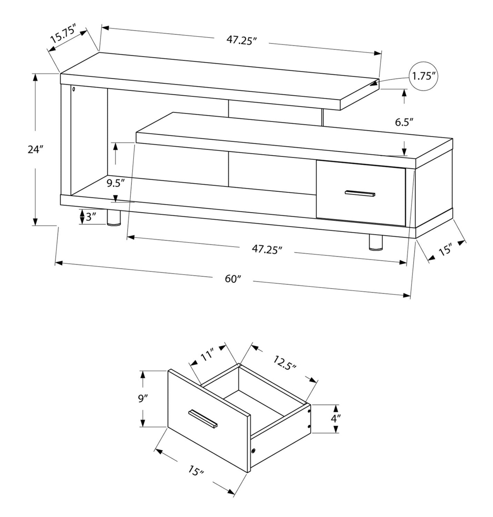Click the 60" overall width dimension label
coord(233,279)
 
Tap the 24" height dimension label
coord(35,150)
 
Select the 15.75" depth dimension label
coord(63,33)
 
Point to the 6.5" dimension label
coord(404,122)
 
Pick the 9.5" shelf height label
coord(115,183)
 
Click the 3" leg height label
coord(90,217)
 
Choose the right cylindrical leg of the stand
coord(376,242)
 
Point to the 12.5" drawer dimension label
coord(285,363)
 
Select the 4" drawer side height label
coord(336,418)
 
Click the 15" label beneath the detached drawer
coord(196,470)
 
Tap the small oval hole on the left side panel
coord(74,89)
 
